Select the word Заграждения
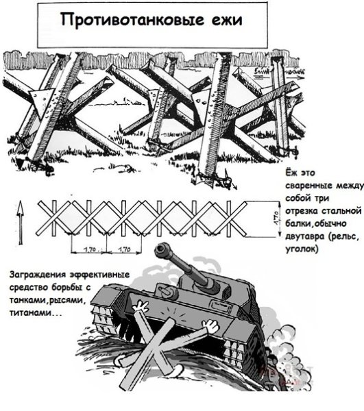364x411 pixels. pos(36,275)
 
